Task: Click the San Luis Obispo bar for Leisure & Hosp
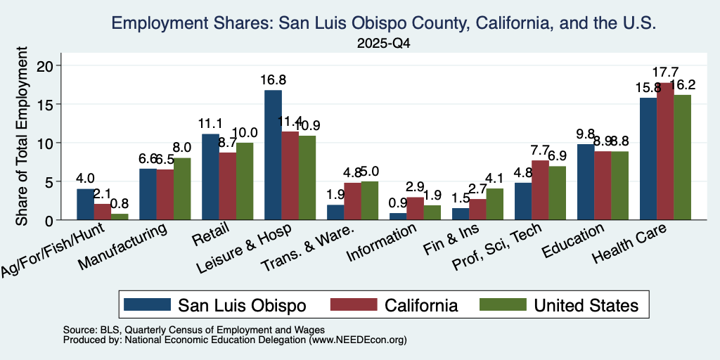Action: coord(273,155)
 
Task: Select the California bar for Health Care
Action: coord(665,152)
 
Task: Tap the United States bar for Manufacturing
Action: coord(182,188)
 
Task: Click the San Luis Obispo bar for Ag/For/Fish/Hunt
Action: coord(85,205)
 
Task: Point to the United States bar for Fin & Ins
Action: coord(494,204)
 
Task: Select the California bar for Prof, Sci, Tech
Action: coord(540,190)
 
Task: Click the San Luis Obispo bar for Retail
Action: coord(210,176)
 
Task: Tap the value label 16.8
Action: coord(273,80)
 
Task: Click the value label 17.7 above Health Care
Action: coord(666,72)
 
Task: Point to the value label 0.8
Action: coord(120,203)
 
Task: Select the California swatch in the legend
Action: coord(354,304)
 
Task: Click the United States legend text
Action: coord(586,305)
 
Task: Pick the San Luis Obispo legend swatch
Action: coord(148,304)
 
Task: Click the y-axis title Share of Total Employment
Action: coord(22,136)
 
